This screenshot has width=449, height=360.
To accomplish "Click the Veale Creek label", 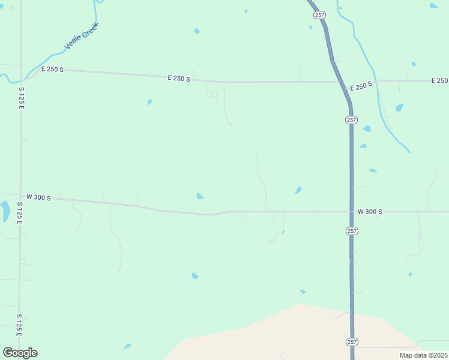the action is point(80,38).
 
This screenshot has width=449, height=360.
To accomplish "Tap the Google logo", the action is point(20,353).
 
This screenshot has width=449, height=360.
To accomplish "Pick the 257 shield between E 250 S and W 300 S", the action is point(351,120).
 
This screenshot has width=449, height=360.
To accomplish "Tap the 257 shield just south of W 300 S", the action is point(352,230).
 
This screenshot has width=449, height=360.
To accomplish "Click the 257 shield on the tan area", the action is point(352,341).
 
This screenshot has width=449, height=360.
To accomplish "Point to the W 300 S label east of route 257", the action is point(370,212).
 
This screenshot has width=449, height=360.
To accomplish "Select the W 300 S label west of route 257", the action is point(39,197).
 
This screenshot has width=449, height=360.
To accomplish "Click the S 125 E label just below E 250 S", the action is point(21,97).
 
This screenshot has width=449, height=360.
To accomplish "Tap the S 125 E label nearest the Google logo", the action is point(20,324).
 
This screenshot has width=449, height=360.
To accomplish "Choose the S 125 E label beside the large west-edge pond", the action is point(19,213).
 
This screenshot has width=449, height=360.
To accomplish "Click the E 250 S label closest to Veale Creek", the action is point(52,70).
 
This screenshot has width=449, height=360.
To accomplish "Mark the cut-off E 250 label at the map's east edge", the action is point(439,80).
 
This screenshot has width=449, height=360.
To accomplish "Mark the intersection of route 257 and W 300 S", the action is point(352,211).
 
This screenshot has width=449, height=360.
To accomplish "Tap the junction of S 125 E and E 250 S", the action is point(22,79).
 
